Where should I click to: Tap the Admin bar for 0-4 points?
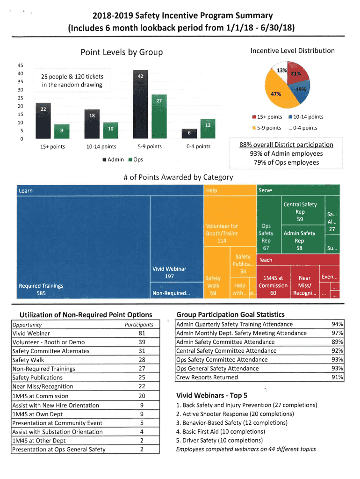point(189,134)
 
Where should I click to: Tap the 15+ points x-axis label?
point(52,147)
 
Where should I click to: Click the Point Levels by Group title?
point(122,52)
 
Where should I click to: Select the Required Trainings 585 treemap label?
point(41,290)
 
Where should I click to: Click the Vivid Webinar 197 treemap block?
point(169,273)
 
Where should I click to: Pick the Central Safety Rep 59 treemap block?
point(300,211)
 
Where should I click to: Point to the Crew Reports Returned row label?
point(207,377)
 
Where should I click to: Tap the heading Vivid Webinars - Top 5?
point(212,395)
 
